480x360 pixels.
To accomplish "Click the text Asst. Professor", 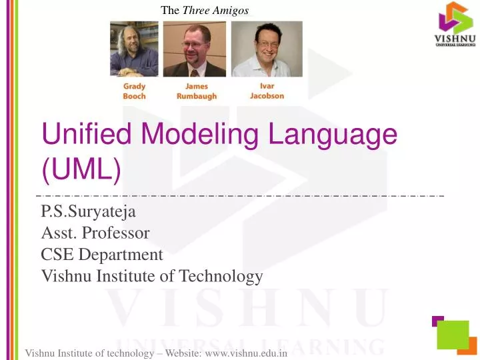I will pyautogui.click(x=95, y=235).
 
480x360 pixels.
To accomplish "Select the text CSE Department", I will pyautogui.click(x=102, y=255).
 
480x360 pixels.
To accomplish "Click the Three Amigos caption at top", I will pyautogui.click(x=205, y=9).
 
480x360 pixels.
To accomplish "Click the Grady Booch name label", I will pyautogui.click(x=134, y=91).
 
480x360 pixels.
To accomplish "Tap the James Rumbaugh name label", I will pyautogui.click(x=197, y=91).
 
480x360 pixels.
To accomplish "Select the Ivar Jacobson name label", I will pyautogui.click(x=267, y=91).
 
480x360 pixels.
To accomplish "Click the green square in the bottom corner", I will pyautogui.click(x=453, y=333).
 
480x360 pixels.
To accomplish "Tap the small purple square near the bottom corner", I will pyautogui.click(x=437, y=321).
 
